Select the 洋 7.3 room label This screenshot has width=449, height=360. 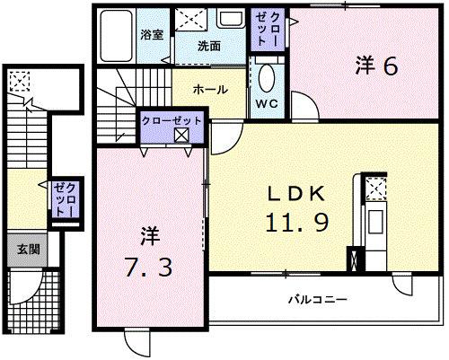[x=148, y=254]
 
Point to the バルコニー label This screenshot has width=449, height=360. [x=317, y=299]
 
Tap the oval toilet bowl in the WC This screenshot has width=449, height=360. [x=267, y=78]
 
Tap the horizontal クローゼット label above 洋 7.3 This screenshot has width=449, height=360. [x=172, y=119]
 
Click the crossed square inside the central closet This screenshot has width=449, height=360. [x=182, y=136]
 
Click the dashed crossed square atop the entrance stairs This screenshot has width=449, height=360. [x=17, y=81]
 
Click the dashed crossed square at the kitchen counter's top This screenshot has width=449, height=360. [x=375, y=187]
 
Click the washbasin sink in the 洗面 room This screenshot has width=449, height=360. [x=231, y=20]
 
